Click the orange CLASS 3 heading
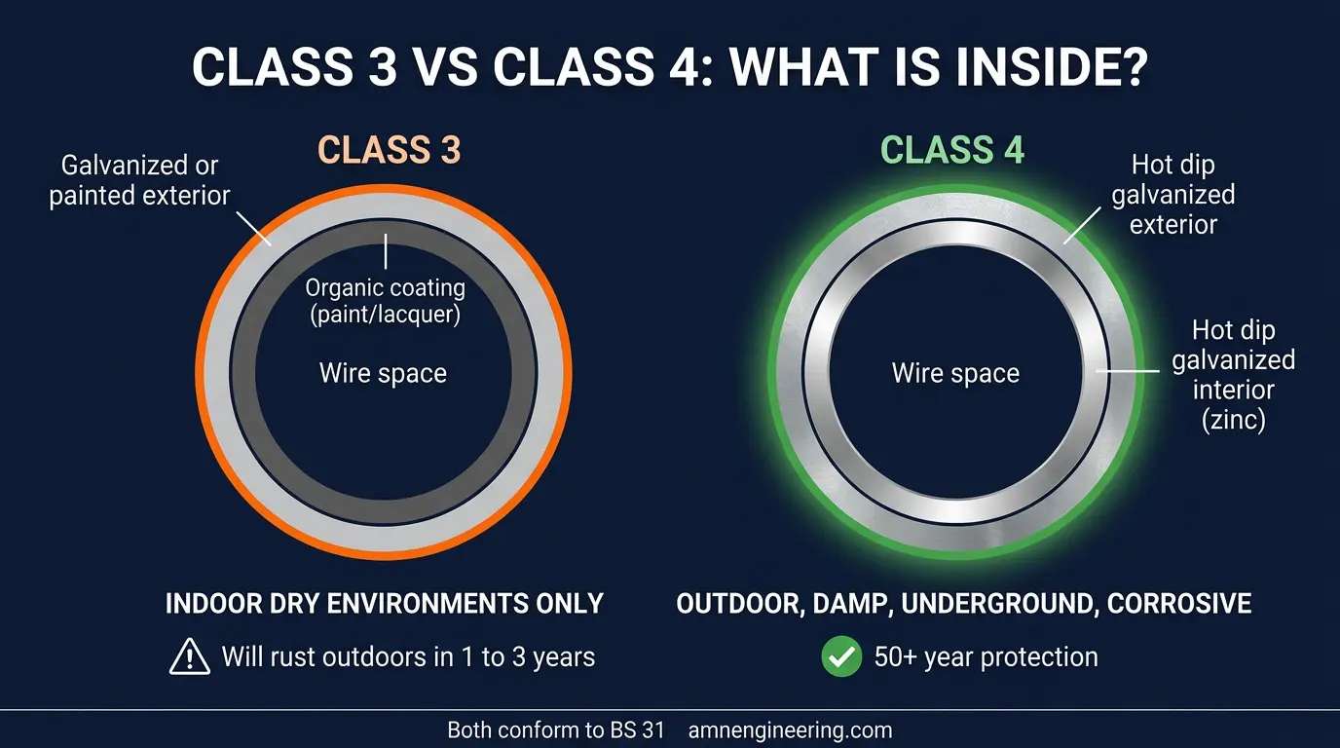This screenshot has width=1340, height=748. (389, 151)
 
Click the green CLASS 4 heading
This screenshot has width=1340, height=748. (951, 151)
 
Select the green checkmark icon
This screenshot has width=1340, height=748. (841, 657)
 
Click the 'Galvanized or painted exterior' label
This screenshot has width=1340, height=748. (139, 180)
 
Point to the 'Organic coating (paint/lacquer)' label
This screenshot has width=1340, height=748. (385, 302)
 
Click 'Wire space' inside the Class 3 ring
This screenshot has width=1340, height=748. (383, 373)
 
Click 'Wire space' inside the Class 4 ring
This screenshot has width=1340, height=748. (955, 373)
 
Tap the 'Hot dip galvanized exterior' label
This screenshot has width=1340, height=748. (1173, 195)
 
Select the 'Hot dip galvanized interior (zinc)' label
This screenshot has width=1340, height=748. (1233, 375)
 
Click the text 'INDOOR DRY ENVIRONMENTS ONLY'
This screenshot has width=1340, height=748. (385, 603)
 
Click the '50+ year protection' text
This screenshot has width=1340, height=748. (986, 657)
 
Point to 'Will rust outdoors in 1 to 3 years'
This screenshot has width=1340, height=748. (407, 657)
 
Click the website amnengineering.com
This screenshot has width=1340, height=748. (789, 729)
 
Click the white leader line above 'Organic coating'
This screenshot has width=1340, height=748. (386, 251)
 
